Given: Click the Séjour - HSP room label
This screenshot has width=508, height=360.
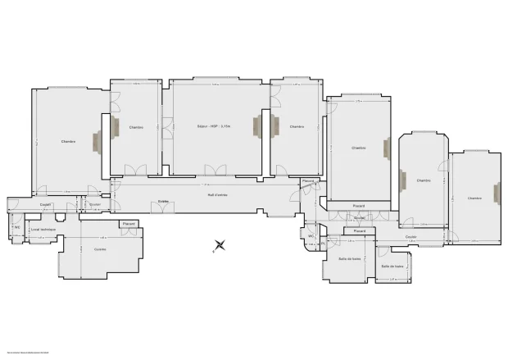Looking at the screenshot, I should [x=214, y=126].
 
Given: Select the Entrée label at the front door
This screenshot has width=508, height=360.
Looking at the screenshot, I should [x=163, y=202].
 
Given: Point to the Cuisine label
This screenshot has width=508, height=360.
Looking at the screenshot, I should [x=99, y=248].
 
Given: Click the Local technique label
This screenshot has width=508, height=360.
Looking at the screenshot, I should [x=43, y=229].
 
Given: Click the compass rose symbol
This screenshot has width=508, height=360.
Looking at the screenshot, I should [x=219, y=245].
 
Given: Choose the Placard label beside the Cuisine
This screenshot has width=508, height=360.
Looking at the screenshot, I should [x=128, y=224].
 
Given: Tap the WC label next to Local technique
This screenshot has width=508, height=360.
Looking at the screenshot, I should [x=16, y=227].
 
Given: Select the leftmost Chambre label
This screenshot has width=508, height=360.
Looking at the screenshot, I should [x=68, y=141].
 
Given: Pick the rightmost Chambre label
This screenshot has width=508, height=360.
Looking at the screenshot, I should [x=474, y=198].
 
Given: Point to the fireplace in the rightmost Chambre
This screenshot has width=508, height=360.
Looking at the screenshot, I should [x=496, y=193].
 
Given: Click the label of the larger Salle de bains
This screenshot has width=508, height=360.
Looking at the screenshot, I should [x=350, y=259].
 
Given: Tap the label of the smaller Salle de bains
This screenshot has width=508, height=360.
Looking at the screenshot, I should [x=392, y=266].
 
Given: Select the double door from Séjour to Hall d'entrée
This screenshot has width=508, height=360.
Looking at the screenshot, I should [x=215, y=171].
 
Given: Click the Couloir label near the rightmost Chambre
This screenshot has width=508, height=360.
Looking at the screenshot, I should [x=410, y=236].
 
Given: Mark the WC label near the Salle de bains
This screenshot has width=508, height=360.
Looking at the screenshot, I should [x=311, y=236].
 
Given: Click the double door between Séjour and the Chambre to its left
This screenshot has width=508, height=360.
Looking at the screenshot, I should [x=166, y=126].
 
